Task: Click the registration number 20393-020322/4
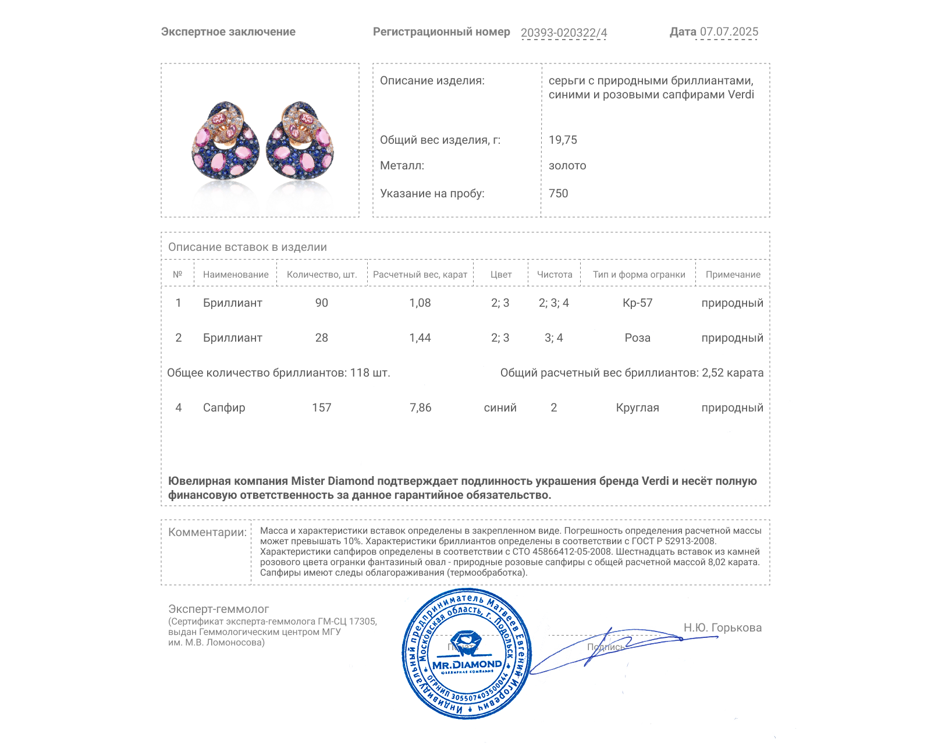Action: (564, 33)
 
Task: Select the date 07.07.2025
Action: (729, 31)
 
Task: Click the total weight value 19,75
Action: (563, 140)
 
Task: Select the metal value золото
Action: (567, 165)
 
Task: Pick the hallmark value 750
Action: (558, 193)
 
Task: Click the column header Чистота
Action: (555, 274)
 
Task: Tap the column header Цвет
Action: (500, 274)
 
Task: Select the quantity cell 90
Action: (322, 303)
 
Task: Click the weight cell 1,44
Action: (420, 338)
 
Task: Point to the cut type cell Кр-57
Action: (638, 303)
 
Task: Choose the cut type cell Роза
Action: (638, 338)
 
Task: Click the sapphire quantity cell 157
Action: (322, 407)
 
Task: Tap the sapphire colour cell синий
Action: (500, 407)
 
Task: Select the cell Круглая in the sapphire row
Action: (638, 407)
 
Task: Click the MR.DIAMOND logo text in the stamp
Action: (467, 664)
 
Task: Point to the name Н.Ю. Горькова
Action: (723, 627)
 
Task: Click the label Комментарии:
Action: (207, 532)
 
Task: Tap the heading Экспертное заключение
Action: (228, 31)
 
